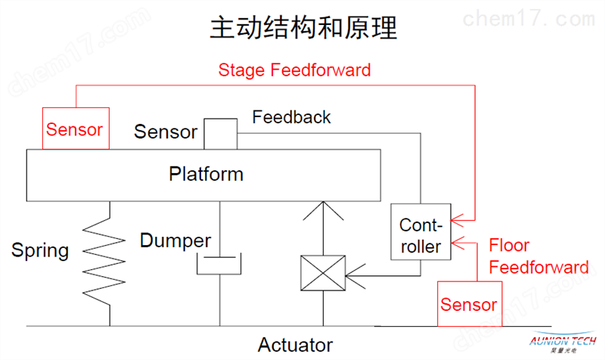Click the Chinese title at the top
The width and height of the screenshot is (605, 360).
[x=303, y=28]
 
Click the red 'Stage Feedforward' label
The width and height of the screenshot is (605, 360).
[x=294, y=70]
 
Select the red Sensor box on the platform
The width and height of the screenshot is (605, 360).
[x=76, y=129]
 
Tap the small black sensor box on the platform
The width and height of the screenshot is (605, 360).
[x=220, y=134]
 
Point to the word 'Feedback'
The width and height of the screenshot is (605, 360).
[x=291, y=117]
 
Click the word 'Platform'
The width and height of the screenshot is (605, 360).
[x=206, y=174]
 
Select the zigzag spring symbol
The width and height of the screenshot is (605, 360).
[x=104, y=262]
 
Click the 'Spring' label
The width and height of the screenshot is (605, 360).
[x=40, y=251]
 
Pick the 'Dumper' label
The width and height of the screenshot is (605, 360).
[x=175, y=241]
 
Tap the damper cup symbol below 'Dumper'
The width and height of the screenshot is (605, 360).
[x=219, y=275]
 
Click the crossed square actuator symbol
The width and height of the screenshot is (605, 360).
[x=323, y=273]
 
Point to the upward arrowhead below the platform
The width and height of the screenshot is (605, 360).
[x=324, y=210]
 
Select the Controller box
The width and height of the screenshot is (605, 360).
[x=420, y=231]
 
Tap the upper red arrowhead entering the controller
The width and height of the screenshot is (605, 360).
[x=458, y=220]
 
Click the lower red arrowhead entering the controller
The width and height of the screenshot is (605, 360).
[x=458, y=243]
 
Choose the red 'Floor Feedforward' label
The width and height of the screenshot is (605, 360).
[x=538, y=256]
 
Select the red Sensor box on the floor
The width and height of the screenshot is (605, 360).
[x=470, y=304]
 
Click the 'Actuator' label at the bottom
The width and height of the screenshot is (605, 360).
[x=295, y=345]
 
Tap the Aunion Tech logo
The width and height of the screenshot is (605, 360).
[x=563, y=342]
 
